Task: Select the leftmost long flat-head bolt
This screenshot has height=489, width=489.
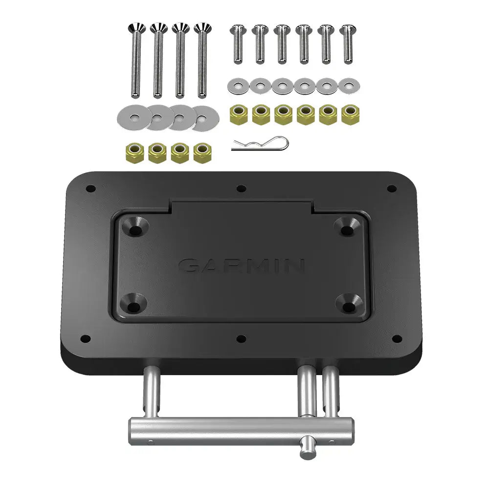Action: (x=135, y=59)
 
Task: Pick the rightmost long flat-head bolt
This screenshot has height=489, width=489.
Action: (x=201, y=59)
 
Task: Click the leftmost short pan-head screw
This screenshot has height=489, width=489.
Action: (x=238, y=44)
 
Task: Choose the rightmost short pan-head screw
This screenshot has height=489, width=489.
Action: (x=348, y=44)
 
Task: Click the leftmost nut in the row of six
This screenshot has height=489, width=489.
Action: (x=238, y=115)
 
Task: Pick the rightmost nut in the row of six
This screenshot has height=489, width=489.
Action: (x=349, y=115)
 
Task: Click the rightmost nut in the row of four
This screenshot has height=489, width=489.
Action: (x=201, y=153)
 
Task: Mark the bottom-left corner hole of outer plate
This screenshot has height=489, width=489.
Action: (x=85, y=338)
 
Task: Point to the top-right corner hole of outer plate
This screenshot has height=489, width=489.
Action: (x=391, y=188)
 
